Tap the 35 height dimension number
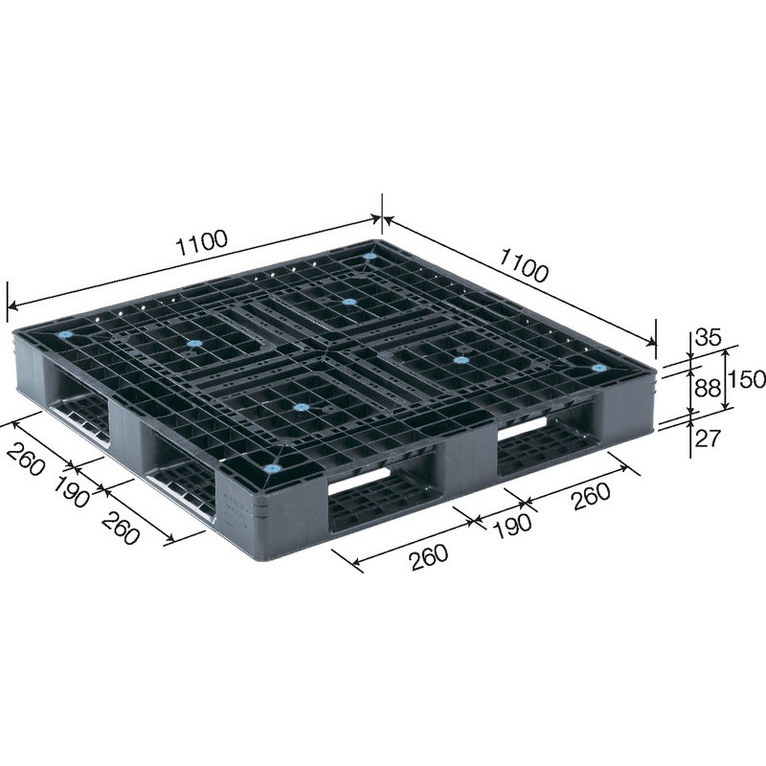pos(708,337)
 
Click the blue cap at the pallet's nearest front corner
pos(271,470)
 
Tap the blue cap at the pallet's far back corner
pos(371,256)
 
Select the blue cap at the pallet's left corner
pos(66,336)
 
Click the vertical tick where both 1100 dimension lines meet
pos(383,212)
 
